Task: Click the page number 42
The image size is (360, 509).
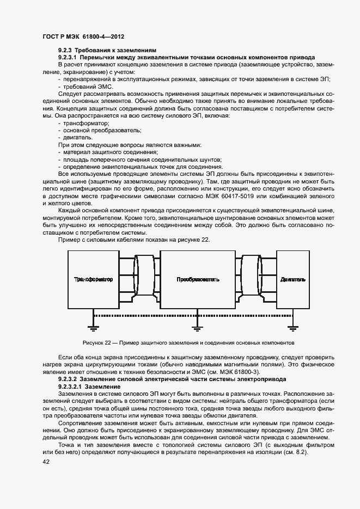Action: click(46, 462)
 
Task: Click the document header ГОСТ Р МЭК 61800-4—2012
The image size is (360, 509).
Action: click(83, 36)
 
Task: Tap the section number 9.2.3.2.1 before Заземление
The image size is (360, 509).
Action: click(71, 385)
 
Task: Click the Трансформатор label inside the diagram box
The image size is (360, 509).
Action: click(93, 279)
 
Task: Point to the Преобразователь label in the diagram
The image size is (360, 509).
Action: click(198, 279)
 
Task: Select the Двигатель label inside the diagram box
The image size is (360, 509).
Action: click(293, 279)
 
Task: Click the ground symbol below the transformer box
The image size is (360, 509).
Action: click(93, 326)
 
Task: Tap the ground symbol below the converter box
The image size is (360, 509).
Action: click(196, 326)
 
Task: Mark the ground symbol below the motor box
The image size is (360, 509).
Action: click(293, 326)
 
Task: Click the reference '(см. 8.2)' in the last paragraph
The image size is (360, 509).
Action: click(296, 452)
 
